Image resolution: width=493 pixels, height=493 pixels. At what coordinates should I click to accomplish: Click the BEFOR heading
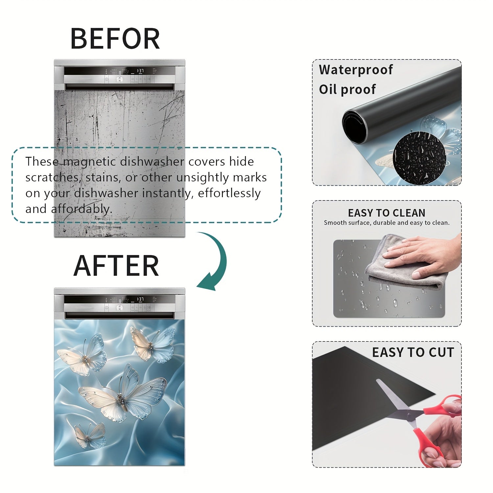115,38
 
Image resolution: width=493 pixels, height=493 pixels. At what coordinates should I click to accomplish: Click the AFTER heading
116,266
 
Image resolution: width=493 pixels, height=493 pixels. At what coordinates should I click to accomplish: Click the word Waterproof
356,70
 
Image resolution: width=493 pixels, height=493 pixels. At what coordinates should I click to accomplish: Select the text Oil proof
347,89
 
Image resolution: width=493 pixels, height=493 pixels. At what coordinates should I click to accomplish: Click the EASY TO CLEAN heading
387,213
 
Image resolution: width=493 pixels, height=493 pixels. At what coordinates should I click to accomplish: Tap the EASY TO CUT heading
413,352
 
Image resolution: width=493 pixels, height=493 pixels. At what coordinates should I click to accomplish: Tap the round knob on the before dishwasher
119,79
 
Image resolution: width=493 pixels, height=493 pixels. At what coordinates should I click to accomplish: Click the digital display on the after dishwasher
140,299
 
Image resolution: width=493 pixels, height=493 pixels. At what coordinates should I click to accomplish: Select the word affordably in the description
82,209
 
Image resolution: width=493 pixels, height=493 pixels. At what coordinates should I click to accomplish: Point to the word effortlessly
229,193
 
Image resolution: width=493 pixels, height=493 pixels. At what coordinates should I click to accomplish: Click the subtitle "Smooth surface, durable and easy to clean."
387,223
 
